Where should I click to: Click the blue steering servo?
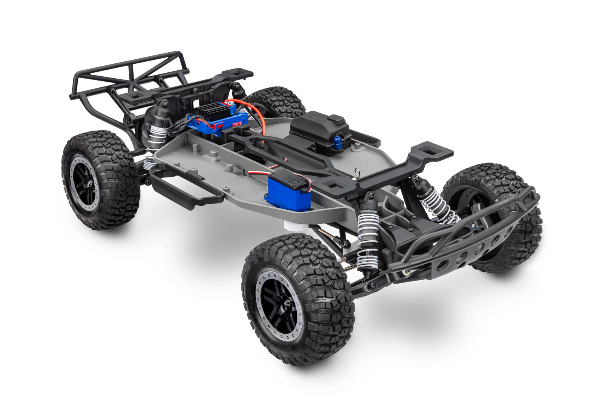[283, 188]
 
